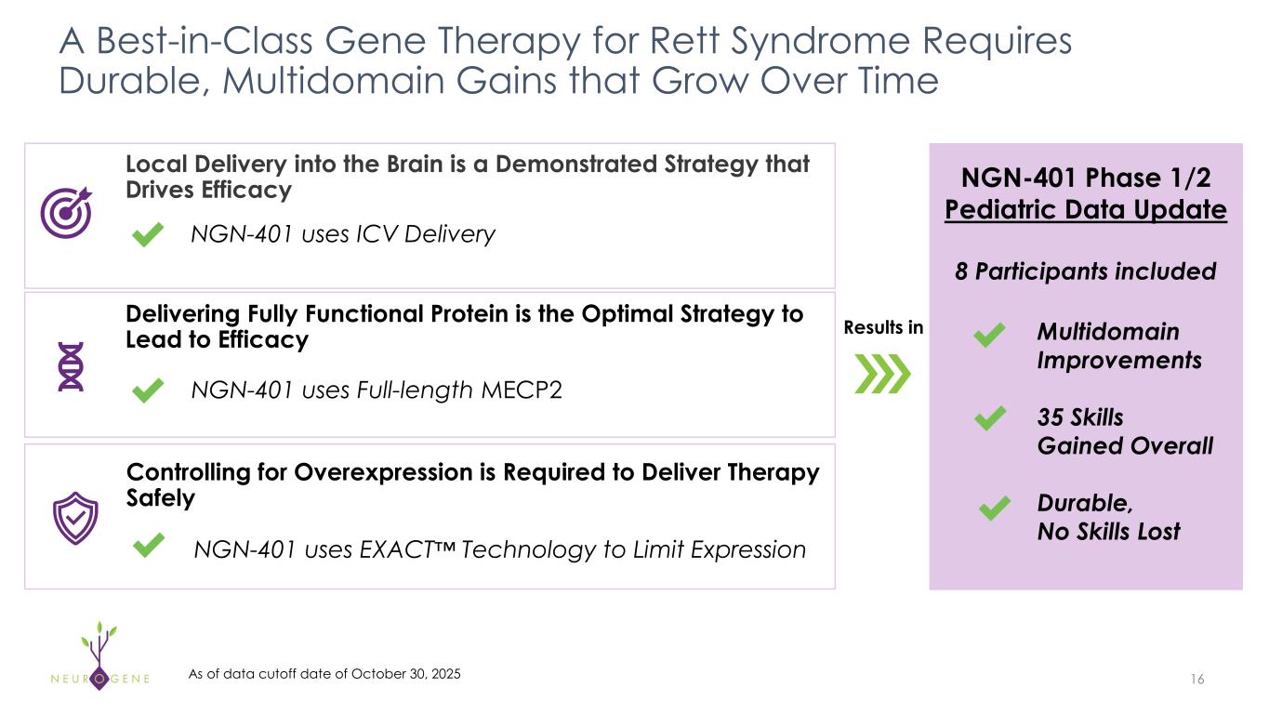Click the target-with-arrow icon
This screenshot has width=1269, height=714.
coord(66,212)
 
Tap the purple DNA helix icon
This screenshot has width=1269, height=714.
coord(71,365)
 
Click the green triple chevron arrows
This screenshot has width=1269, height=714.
coord(881,375)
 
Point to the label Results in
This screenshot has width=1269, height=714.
coord(883,327)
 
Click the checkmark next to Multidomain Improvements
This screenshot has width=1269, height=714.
coord(992,336)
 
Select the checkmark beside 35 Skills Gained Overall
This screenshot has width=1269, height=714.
coord(992,418)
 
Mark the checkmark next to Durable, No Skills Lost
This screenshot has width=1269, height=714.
coord(995,508)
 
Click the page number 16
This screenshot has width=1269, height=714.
coord(1196,680)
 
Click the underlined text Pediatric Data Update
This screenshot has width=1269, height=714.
coord(1086,210)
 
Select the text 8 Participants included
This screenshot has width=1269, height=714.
coord(1086,271)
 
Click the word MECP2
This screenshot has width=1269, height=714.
coord(522,390)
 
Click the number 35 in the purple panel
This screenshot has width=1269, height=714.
coord(1052,416)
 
